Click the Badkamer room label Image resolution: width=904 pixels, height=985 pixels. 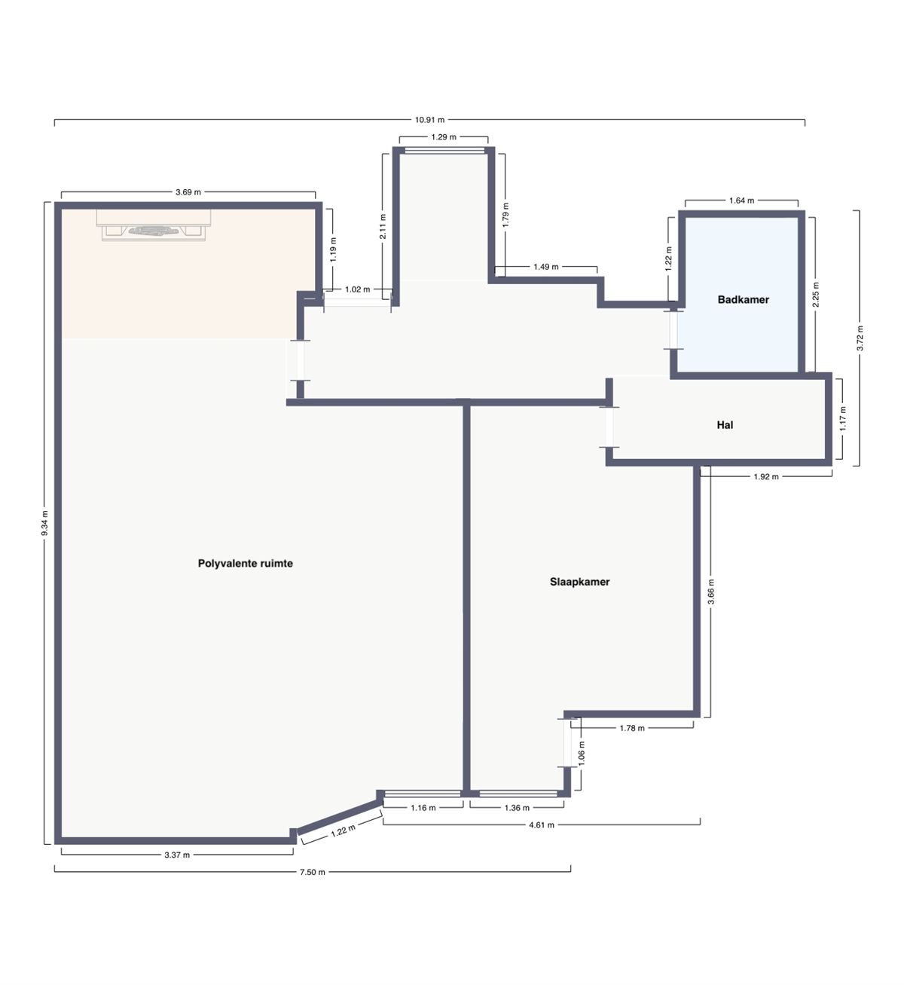pyautogui.click(x=743, y=299)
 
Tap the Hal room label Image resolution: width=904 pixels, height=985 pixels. pyautogui.click(x=725, y=425)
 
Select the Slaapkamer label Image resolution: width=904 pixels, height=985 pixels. pyautogui.click(x=579, y=582)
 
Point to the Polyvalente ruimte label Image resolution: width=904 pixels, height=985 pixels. pyautogui.click(x=245, y=563)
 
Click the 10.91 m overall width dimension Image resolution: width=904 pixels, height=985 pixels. pyautogui.click(x=429, y=119)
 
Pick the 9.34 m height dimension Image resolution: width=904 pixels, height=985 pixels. pyautogui.click(x=44, y=523)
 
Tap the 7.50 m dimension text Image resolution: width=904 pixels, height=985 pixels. pyautogui.click(x=313, y=872)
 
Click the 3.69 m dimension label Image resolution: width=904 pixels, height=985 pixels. pyautogui.click(x=188, y=192)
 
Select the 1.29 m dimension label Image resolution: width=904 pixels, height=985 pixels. pyautogui.click(x=444, y=137)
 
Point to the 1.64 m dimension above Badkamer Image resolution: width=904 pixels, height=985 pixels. pyautogui.click(x=741, y=200)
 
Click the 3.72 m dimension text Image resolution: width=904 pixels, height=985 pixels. pyautogui.click(x=860, y=338)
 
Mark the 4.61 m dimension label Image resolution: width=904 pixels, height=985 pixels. pyautogui.click(x=541, y=825)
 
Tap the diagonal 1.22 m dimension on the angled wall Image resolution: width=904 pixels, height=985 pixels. pyautogui.click(x=343, y=831)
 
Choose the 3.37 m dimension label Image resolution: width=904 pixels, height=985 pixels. pyautogui.click(x=177, y=855)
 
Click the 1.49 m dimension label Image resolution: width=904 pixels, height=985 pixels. pyautogui.click(x=545, y=267)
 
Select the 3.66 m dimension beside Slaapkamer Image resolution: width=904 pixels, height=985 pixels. pyautogui.click(x=711, y=592)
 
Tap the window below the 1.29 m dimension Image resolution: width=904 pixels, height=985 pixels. pyautogui.click(x=444, y=151)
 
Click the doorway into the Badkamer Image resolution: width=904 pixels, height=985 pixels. pyautogui.click(x=673, y=329)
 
